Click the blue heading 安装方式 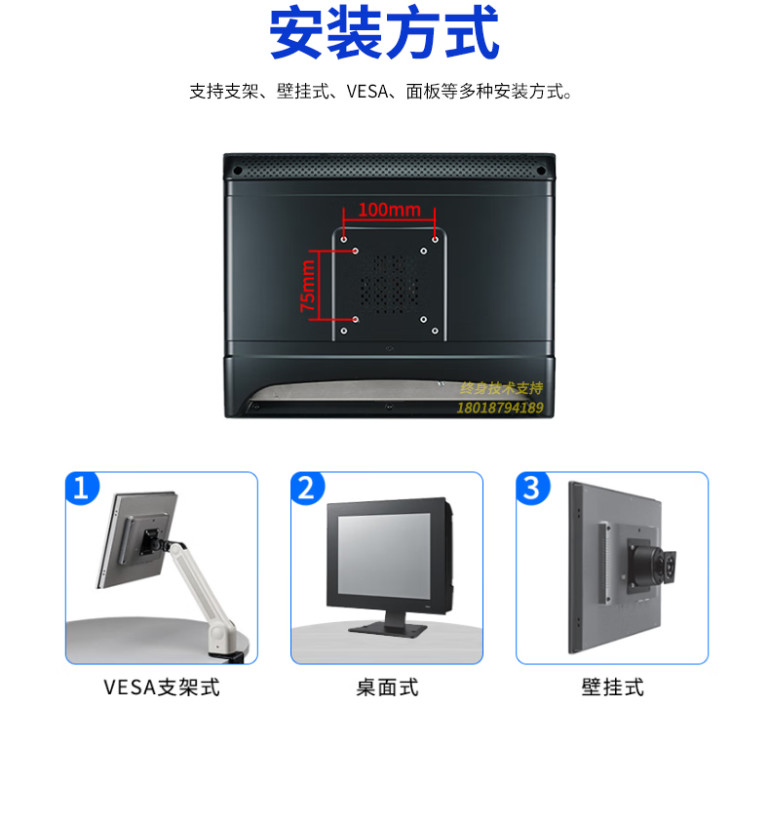[x=384, y=32]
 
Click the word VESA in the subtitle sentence [x=367, y=92]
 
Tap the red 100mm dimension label [x=389, y=210]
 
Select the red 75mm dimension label [x=308, y=286]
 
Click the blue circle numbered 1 [x=82, y=488]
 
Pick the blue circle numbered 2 [x=307, y=488]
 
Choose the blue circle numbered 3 [x=532, y=488]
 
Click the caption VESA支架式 [x=162, y=687]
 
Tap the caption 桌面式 [x=387, y=687]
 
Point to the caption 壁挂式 [x=612, y=687]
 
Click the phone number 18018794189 [x=500, y=408]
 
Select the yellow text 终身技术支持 [x=501, y=388]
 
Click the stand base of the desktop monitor [x=387, y=629]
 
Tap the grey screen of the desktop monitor [x=384, y=555]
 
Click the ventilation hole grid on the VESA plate [x=389, y=285]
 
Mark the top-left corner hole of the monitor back [x=237, y=171]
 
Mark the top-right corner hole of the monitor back [x=541, y=171]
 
